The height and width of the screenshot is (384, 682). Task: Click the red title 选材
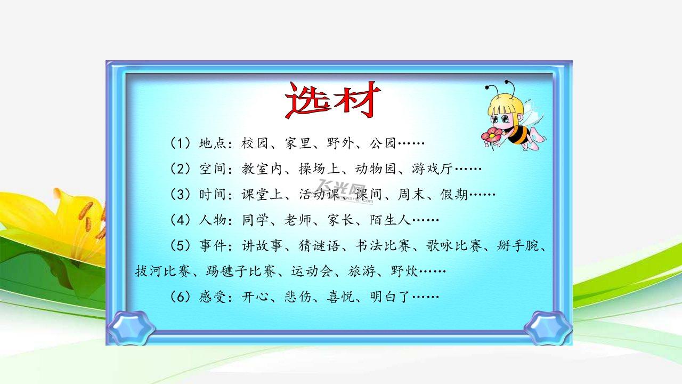pyautogui.click(x=333, y=100)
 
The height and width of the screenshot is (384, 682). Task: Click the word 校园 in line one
pyautogui.click(x=255, y=143)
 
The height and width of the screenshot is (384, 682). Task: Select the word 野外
pyautogui.click(x=340, y=143)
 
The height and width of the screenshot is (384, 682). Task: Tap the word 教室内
pyautogui.click(x=262, y=169)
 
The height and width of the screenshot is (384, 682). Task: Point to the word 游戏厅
pyautogui.click(x=433, y=169)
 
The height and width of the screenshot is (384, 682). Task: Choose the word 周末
pyautogui.click(x=411, y=194)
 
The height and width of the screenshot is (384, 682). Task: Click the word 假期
pyautogui.click(x=453, y=194)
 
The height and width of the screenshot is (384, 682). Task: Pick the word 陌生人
pyautogui.click(x=391, y=220)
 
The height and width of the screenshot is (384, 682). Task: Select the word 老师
pyautogui.click(x=298, y=220)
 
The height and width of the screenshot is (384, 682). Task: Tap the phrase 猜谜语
pyautogui.click(x=319, y=245)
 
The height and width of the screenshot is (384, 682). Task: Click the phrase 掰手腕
pyautogui.click(x=517, y=245)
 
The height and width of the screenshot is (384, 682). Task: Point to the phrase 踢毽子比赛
pyautogui.click(x=241, y=271)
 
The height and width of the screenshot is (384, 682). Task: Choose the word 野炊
pyautogui.click(x=404, y=271)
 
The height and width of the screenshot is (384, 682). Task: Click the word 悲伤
pyautogui.click(x=298, y=297)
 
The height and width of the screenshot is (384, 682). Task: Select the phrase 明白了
pyautogui.click(x=391, y=297)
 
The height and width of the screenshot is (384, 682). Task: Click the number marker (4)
pyautogui.click(x=181, y=220)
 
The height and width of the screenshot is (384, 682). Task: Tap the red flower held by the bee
pyautogui.click(x=491, y=135)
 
